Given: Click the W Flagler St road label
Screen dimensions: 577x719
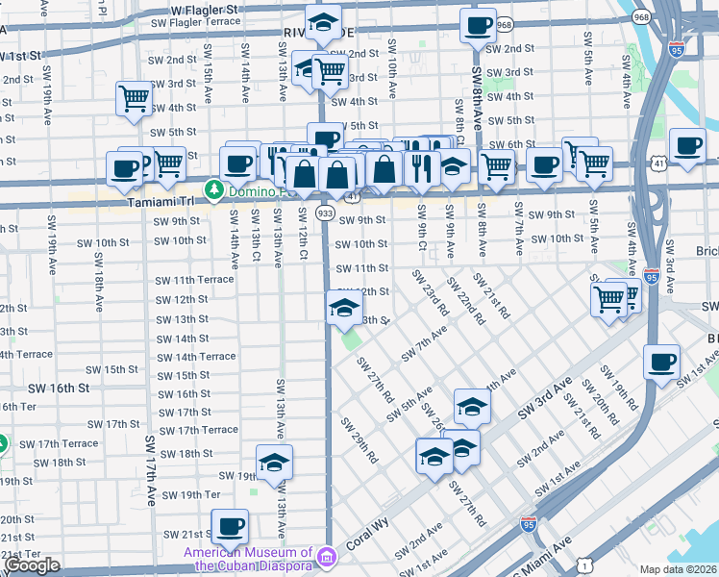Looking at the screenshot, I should (204, 9).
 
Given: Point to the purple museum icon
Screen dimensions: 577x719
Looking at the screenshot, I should (327, 557).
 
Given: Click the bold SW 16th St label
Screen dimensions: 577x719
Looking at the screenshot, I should (59, 388).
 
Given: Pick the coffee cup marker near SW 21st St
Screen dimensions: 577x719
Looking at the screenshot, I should (230, 526).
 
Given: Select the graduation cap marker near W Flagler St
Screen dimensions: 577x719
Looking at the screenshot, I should (324, 21).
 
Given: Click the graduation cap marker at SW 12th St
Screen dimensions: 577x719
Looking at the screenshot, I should (343, 308).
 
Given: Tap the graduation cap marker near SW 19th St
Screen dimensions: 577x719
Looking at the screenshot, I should (274, 463).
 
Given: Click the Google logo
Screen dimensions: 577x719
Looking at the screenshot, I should (32, 565).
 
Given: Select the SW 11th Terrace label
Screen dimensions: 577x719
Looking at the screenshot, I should (194, 280).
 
